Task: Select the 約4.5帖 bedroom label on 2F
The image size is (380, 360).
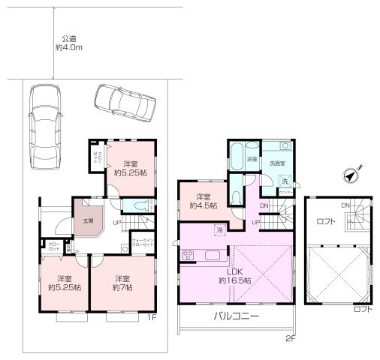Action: [x=203, y=202]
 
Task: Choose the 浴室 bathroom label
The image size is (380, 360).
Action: [x=252, y=160]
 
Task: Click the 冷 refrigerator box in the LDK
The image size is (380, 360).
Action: [x=219, y=230]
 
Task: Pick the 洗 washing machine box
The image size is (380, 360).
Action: [x=285, y=181]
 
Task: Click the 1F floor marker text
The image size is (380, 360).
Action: [x=152, y=317]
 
